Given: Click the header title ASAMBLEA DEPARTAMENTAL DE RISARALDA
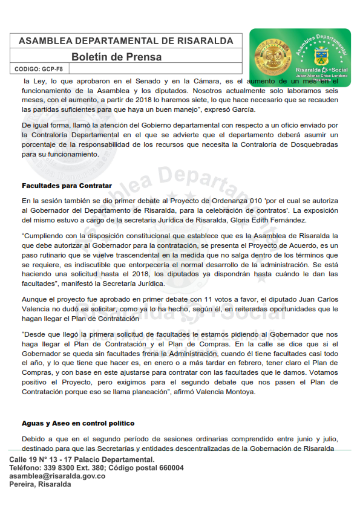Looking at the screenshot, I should click(126, 41).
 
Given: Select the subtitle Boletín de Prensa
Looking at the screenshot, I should click(116, 57).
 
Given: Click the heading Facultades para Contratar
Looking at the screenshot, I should click(67, 186).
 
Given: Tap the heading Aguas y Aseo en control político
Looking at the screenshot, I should click(77, 423).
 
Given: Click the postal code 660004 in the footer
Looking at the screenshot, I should click(169, 468).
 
